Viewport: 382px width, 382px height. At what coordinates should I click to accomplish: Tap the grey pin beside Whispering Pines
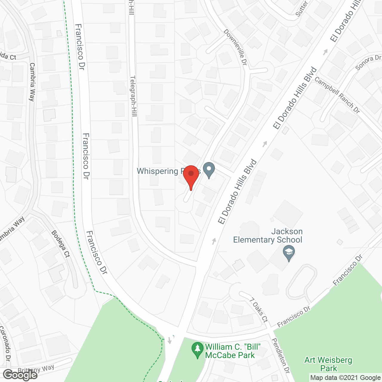pos(209,170)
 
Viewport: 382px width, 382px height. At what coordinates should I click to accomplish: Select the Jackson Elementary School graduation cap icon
pos(289,253)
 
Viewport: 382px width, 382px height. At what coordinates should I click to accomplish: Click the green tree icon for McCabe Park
pos(197,350)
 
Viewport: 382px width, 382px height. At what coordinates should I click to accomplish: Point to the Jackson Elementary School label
pos(268,236)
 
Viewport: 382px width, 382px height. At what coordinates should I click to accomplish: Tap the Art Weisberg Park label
pos(328,364)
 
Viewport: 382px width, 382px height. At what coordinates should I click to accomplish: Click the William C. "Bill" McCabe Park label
pos(233,351)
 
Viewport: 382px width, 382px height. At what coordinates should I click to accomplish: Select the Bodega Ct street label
pos(61,244)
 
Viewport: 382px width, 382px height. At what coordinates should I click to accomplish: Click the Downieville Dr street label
pos(235,47)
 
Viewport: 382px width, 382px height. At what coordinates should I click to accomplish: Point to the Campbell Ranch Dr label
pos(337,95)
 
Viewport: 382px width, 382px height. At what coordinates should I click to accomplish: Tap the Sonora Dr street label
pos(368,62)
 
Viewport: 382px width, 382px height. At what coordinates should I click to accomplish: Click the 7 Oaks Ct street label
pos(258,310)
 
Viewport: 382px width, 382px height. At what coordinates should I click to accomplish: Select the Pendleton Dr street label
pos(281,355)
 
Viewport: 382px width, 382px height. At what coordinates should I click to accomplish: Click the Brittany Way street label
pos(36,369)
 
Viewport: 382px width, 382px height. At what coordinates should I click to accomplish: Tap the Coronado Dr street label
pos(5,343)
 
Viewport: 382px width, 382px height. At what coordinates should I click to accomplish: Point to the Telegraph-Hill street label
pos(133,96)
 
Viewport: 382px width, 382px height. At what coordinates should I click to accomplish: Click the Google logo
pos(20,375)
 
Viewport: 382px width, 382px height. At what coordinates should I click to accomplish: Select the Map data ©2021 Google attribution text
pos(345,378)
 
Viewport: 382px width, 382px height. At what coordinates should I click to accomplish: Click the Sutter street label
pos(301,8)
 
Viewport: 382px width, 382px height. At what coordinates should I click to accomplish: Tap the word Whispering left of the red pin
pos(157,171)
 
